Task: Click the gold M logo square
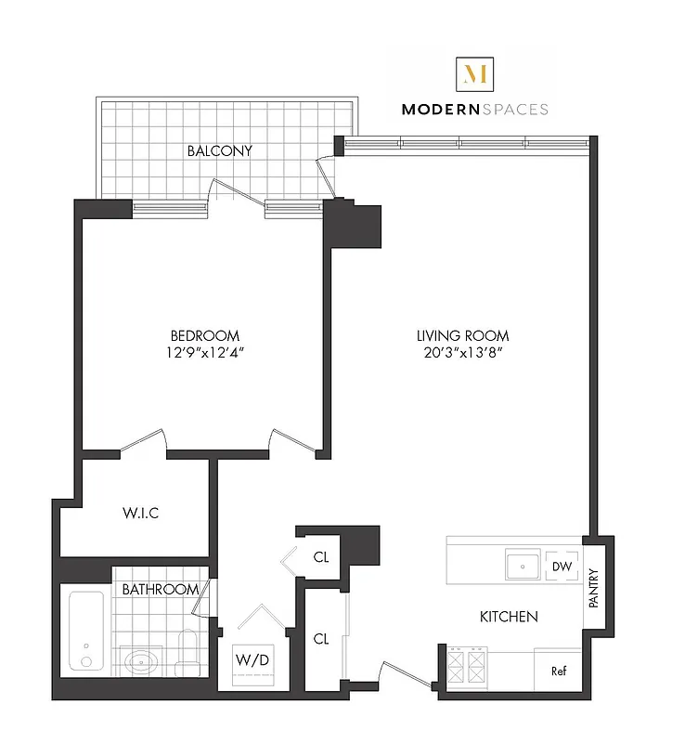tap(474, 72)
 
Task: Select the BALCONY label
tap(220, 150)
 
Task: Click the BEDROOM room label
tap(204, 335)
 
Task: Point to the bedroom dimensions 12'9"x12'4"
tap(204, 352)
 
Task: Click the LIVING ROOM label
tap(461, 335)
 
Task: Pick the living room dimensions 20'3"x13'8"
tap(461, 352)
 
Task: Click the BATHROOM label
tap(161, 589)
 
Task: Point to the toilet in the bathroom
tap(188, 653)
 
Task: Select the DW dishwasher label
tap(561, 567)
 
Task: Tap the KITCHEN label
tap(508, 617)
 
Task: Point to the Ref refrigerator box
tap(559, 671)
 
